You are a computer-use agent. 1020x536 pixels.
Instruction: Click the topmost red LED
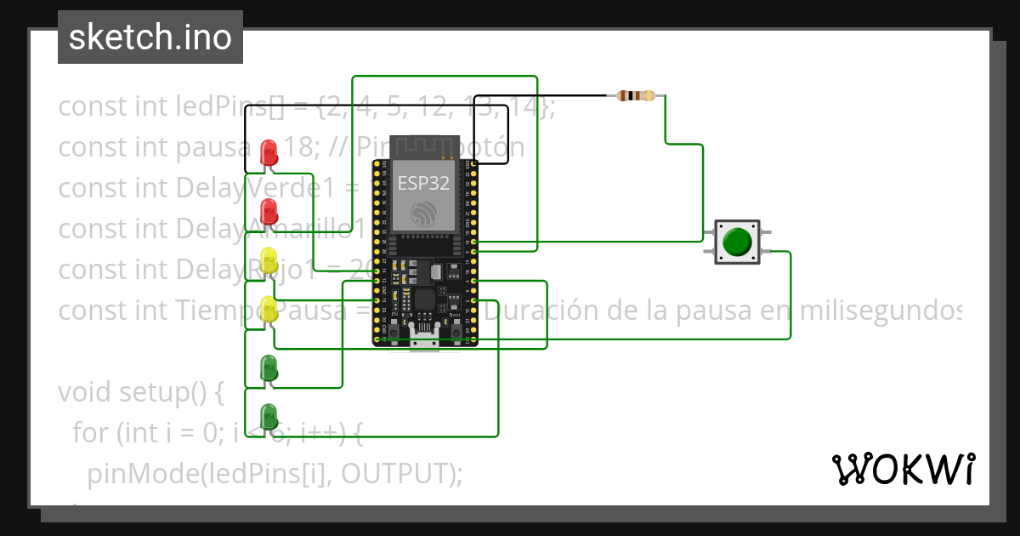(269, 153)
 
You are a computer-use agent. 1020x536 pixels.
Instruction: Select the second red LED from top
(269, 212)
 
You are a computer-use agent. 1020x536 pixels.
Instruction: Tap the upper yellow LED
(269, 260)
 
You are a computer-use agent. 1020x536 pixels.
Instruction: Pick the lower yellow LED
(269, 309)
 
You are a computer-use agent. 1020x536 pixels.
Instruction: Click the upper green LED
(269, 368)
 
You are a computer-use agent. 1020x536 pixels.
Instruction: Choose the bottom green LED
(269, 417)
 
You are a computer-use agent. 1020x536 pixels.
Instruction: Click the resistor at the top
(637, 95)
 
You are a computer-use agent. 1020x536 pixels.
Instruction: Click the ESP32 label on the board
(424, 181)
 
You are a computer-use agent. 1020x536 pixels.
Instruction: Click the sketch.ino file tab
(150, 37)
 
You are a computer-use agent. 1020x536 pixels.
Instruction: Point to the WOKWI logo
(903, 469)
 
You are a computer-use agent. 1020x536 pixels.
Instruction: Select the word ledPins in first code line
(222, 107)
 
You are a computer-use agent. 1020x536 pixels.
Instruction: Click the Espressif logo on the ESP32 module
(424, 214)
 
